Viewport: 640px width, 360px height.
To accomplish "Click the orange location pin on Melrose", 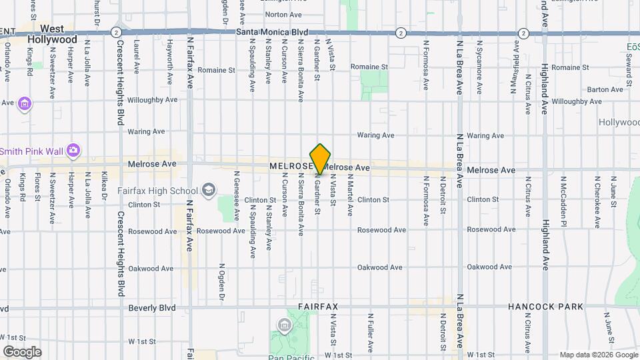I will (320, 159).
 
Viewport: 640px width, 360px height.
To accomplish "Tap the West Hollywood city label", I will (53, 34).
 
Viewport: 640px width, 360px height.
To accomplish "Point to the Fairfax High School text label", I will (158, 191).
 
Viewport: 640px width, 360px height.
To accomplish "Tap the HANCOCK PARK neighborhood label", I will (545, 307).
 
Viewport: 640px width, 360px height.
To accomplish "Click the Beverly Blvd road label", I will (153, 308).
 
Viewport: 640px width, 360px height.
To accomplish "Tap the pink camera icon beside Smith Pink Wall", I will (73, 150).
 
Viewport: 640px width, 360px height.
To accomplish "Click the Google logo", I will (22, 351).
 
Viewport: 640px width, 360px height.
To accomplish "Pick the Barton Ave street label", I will (605, 89).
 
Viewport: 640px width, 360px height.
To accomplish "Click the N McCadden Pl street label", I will (563, 197).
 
